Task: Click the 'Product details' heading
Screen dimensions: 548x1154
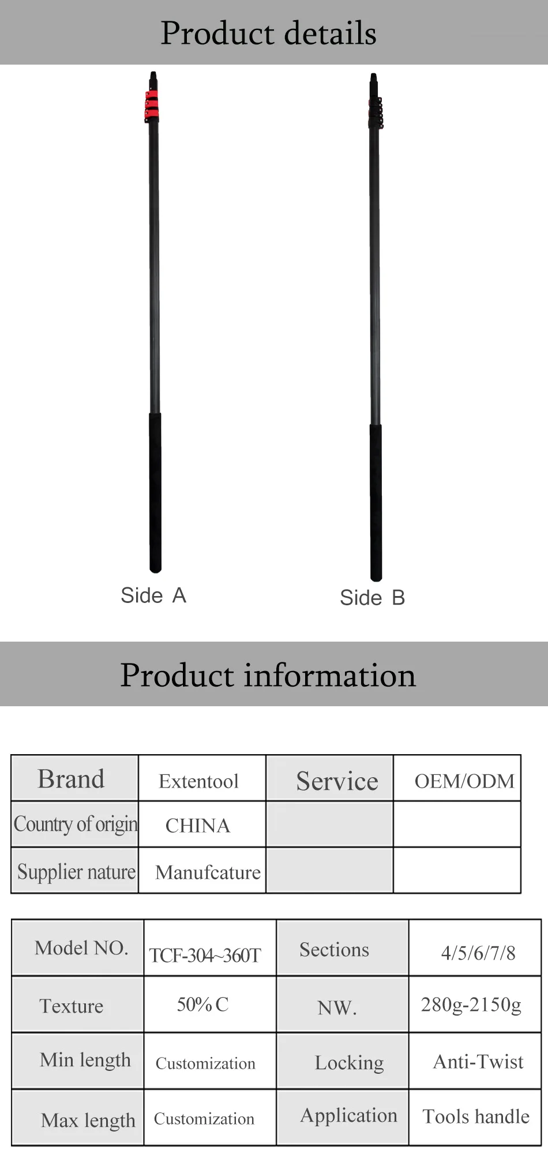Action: coord(268,33)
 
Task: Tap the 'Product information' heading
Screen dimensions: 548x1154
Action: coord(268,675)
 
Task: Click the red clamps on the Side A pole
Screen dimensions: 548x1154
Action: coord(152,107)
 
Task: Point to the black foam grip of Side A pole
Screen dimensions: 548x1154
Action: coord(155,492)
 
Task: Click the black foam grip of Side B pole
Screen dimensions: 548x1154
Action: coord(376,503)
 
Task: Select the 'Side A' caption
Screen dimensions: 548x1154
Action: coord(153,595)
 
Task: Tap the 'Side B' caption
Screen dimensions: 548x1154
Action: coord(373,598)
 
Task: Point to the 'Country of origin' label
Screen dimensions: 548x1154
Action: coord(76,825)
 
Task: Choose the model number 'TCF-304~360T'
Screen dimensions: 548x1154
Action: coord(205,955)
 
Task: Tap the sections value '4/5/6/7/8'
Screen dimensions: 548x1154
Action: coord(478,953)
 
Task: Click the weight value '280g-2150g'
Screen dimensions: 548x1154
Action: coord(471,1005)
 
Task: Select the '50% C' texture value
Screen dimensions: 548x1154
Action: coord(202,1005)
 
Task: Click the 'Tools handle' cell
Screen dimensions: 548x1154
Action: coord(475,1117)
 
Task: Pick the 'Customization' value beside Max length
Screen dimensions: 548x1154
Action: coord(204,1119)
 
